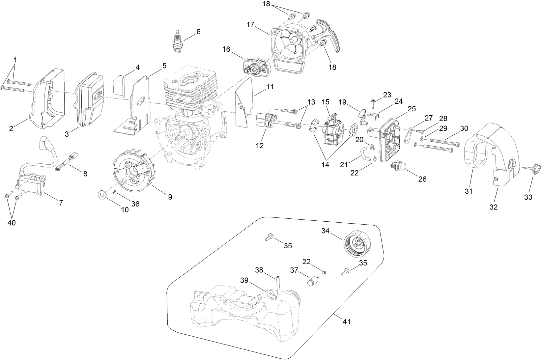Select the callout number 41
pyautogui.click(x=347, y=321)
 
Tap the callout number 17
pyautogui.click(x=250, y=24)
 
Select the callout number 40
pyautogui.click(x=12, y=223)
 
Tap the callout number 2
pyautogui.click(x=11, y=128)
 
